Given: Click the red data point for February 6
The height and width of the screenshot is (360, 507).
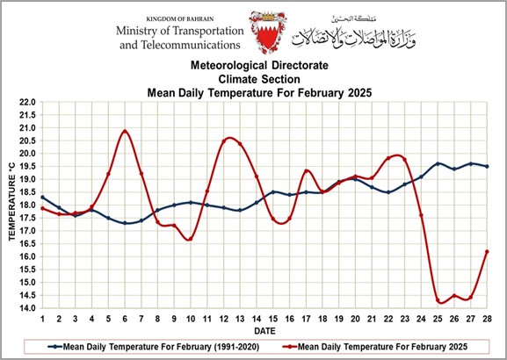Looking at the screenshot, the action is point(125,131).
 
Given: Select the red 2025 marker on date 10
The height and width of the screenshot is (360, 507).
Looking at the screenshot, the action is point(191,239).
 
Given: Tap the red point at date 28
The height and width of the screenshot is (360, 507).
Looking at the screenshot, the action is point(487,251).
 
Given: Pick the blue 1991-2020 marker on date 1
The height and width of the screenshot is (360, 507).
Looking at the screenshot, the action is point(43,198).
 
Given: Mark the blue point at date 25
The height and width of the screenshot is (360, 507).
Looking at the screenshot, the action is point(438,163).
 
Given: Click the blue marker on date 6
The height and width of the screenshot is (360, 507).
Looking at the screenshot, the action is point(125,223).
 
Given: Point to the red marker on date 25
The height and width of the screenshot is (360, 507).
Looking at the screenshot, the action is point(438,300).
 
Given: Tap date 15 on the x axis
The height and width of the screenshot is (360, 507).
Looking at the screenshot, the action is point(273,319).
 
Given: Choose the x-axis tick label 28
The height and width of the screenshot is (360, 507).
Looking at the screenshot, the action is point(487,319).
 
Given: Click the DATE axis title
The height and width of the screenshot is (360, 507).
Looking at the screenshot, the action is point(264,331).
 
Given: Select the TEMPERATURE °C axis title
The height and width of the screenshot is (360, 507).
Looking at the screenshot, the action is point(12,202).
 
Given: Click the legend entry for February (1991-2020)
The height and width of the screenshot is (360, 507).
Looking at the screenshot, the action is point(154,347).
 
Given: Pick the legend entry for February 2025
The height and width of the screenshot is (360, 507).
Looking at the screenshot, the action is point(375,347).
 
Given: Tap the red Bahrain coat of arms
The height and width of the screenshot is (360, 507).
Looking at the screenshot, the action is point(268,32).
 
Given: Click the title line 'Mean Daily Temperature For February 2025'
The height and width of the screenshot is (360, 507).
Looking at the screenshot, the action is point(259,93).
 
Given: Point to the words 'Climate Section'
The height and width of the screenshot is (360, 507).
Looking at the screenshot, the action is point(259,79).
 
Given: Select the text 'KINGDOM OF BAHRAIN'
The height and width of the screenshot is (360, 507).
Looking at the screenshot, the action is point(180,19).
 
